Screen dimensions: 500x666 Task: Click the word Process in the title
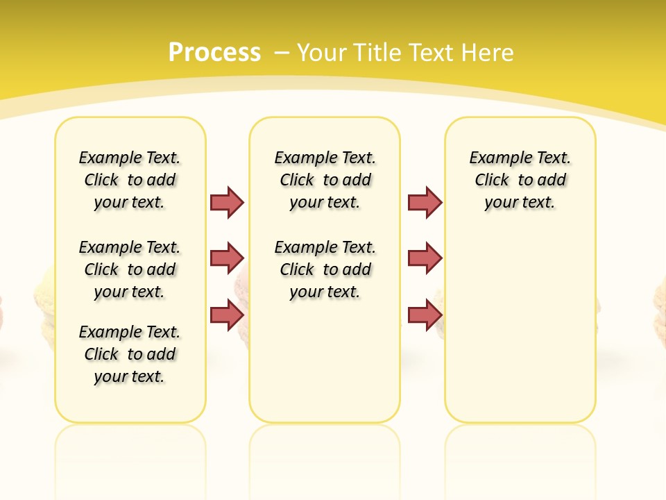[x=214, y=52]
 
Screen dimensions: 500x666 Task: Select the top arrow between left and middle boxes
[x=228, y=202]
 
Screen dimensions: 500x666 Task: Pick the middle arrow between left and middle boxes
[x=228, y=258]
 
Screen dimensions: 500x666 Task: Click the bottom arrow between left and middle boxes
[x=228, y=314]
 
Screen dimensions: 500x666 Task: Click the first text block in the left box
[x=130, y=180]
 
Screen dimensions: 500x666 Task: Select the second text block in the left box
[x=130, y=269]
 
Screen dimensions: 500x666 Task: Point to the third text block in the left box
[x=130, y=354]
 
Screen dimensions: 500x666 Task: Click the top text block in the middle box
[x=325, y=180]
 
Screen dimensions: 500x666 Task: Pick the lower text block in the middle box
[x=325, y=269]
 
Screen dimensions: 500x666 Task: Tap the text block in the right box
[x=520, y=180]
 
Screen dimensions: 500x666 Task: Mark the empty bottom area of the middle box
[x=325, y=368]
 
